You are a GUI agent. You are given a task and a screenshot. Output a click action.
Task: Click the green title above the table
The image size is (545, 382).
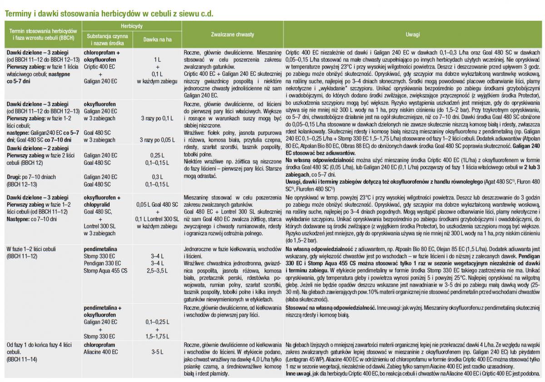point(109,13)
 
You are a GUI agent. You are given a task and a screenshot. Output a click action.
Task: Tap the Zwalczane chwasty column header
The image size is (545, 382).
point(233,35)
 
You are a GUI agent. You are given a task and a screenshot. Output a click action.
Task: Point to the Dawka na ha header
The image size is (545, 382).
point(157,40)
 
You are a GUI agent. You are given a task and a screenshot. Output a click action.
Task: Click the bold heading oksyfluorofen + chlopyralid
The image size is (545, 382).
point(102,201)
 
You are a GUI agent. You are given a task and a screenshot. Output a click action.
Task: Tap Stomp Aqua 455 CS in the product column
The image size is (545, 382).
point(106,271)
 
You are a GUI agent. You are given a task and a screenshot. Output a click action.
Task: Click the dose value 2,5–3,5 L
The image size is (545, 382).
point(157,271)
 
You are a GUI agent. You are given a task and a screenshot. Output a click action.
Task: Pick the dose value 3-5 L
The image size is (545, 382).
point(157,352)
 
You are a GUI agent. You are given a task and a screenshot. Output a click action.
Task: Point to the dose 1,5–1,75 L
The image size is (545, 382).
point(157,337)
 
